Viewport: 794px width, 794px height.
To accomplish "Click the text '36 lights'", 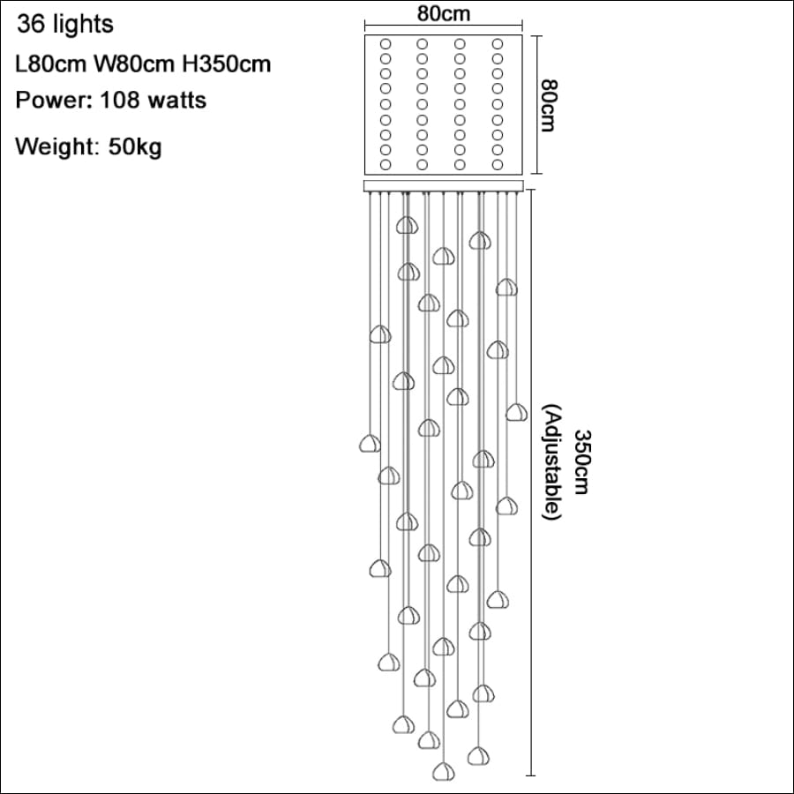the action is pos(65,25).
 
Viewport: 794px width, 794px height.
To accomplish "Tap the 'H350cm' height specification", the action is pos(227,64).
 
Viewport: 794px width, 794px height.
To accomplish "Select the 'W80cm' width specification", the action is pos(134,64).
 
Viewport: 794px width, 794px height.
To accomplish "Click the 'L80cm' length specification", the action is pos(50,64).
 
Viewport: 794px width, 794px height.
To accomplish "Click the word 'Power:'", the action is pos(54,101).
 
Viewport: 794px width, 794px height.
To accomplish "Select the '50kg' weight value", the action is pos(135,146).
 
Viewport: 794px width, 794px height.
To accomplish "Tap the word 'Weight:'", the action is pos(57,146).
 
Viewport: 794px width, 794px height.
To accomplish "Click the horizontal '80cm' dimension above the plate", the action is pos(444,13).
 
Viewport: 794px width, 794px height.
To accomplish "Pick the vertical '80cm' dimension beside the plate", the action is pos(549,105).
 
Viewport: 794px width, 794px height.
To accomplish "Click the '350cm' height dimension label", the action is pos(582,461).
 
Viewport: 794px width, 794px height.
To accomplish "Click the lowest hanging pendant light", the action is pos(444,771).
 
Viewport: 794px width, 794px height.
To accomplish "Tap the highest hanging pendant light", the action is pos(407,225).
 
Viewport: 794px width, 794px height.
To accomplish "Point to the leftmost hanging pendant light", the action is pos(371,443).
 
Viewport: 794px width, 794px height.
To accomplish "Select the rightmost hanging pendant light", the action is pos(516,412).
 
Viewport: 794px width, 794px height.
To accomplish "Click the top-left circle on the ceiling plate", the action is pos(386,44).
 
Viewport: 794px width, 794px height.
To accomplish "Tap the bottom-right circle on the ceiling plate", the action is pos(498,165).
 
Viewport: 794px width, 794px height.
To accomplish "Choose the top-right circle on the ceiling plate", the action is pos(498,44).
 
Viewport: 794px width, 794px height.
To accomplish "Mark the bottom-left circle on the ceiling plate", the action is pos(386,165).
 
